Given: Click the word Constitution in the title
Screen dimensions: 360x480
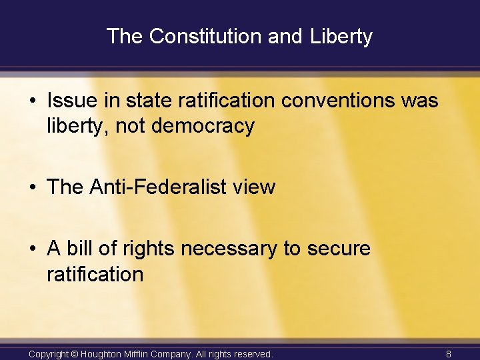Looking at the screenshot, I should pos(205,36).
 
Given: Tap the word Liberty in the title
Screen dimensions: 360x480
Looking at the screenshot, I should pos(341,36).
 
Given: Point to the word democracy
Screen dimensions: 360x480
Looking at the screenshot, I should pos(203,126).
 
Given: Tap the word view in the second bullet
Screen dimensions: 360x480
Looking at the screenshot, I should pos(253,187).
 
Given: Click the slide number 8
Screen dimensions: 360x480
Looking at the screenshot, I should pos(449,354).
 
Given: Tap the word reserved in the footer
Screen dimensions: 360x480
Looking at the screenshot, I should pos(250,354).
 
